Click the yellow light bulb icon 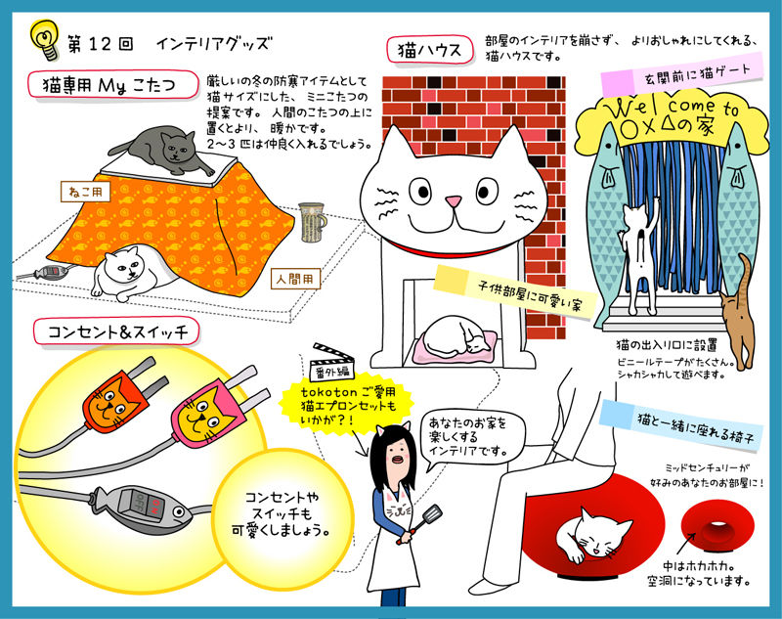[44, 39]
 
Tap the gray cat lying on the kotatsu [162, 150]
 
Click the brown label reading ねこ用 [85, 192]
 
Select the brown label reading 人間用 [295, 280]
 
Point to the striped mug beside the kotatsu [312, 222]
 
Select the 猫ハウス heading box [430, 49]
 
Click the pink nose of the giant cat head [453, 201]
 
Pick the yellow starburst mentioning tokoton [348, 405]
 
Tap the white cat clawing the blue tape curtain [639, 254]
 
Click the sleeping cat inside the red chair [594, 536]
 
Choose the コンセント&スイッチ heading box [116, 332]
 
